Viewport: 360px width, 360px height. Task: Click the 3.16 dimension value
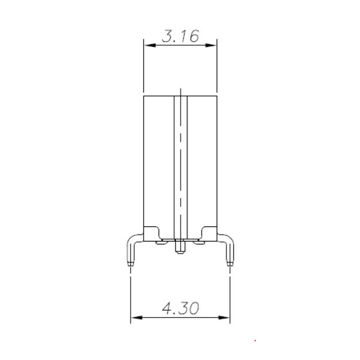click(x=180, y=36)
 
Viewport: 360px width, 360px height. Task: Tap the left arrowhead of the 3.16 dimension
click(x=147, y=45)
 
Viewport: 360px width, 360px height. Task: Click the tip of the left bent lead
click(x=131, y=264)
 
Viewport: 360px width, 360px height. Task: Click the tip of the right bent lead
click(x=230, y=264)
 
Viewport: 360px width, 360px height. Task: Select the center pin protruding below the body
click(x=180, y=247)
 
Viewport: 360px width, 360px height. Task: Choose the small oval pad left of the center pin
click(x=165, y=242)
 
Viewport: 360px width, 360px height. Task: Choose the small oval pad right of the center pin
click(x=196, y=242)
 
